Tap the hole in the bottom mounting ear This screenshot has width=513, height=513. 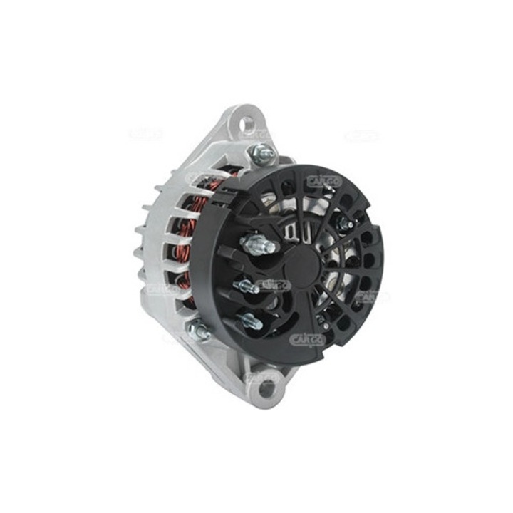(x=267, y=389)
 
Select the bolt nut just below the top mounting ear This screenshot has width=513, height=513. (x=262, y=151)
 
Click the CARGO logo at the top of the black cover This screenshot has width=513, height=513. (x=324, y=181)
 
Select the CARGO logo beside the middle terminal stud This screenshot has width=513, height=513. (x=274, y=286)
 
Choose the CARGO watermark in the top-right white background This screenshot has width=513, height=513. (x=362, y=135)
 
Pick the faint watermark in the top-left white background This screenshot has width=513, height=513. (x=146, y=134)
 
